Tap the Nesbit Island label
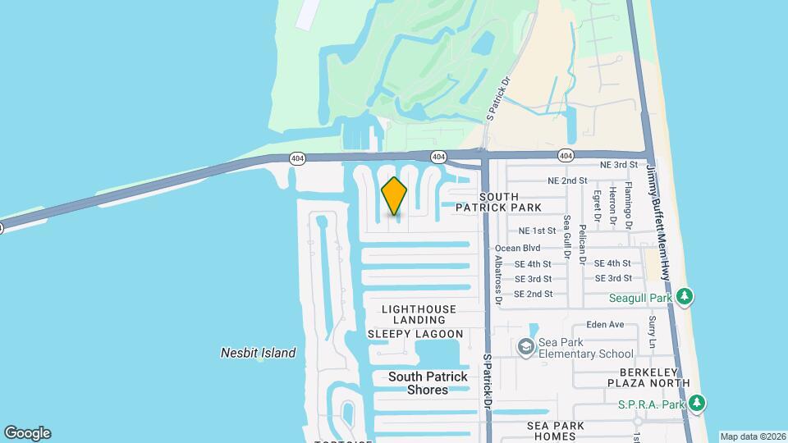click(x=258, y=353)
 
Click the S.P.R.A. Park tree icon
click(x=697, y=403)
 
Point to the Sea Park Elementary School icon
click(x=525, y=347)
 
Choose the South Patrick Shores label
click(x=428, y=383)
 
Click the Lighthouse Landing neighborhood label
click(x=419, y=314)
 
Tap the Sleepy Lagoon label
click(x=415, y=334)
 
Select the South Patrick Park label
click(x=498, y=203)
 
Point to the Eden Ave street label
click(x=606, y=325)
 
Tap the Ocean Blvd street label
click(x=517, y=248)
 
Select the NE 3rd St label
click(x=619, y=165)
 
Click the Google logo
click(x=27, y=433)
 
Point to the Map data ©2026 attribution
click(x=753, y=436)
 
